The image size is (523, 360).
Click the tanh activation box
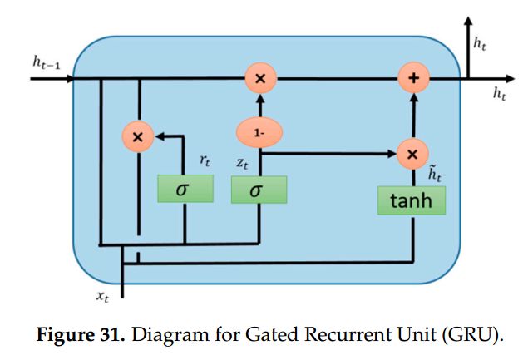412,200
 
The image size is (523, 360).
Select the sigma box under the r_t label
185,189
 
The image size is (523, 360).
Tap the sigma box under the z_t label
259,190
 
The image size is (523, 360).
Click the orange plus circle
413,78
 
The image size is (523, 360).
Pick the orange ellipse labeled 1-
259,133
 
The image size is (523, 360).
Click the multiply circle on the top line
260,78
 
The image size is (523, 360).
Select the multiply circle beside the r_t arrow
138,137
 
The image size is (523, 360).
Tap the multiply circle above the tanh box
412,154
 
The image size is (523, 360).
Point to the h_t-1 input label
47,62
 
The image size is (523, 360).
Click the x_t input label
102,296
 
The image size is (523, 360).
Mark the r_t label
205,160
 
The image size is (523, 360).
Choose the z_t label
242,163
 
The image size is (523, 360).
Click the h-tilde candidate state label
435,174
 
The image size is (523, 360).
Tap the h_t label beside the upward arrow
480,43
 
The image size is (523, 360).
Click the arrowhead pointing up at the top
468,21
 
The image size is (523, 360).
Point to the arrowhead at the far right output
511,79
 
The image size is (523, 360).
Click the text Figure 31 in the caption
81,334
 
